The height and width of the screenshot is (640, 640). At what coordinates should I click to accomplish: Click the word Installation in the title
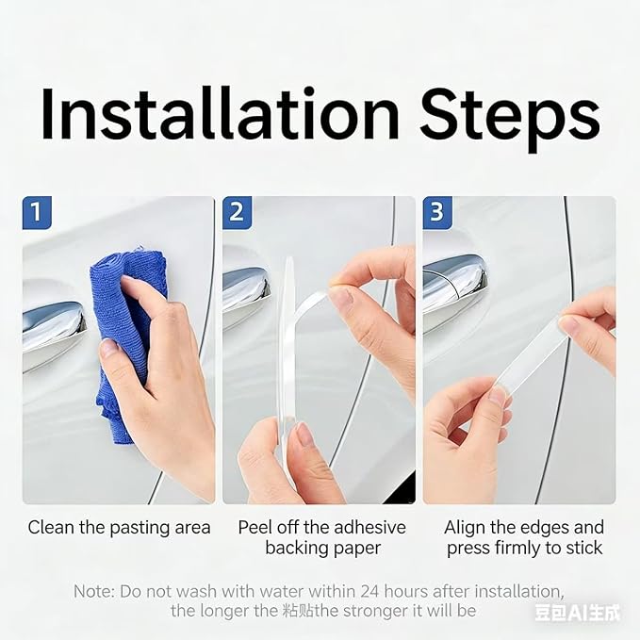click(x=220, y=113)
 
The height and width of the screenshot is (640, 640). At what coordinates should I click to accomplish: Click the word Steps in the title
click(x=510, y=119)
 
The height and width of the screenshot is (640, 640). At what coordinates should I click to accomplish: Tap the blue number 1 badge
click(x=37, y=212)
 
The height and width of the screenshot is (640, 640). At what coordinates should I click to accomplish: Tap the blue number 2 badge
click(x=237, y=212)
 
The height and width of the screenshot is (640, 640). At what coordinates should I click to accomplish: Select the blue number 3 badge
click(x=437, y=212)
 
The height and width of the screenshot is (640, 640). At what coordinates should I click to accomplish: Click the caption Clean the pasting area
click(x=119, y=527)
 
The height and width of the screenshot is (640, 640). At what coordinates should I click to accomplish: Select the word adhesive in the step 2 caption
click(x=368, y=527)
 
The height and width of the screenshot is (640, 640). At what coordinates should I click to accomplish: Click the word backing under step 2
click(x=295, y=548)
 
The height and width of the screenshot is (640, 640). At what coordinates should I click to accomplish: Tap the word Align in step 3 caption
click(x=465, y=527)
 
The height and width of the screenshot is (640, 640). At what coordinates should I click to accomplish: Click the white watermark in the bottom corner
click(x=577, y=613)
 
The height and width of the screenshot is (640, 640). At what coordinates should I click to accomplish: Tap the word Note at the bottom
click(x=94, y=591)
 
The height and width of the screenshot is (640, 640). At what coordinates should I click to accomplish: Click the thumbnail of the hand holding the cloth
click(x=119, y=351)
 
